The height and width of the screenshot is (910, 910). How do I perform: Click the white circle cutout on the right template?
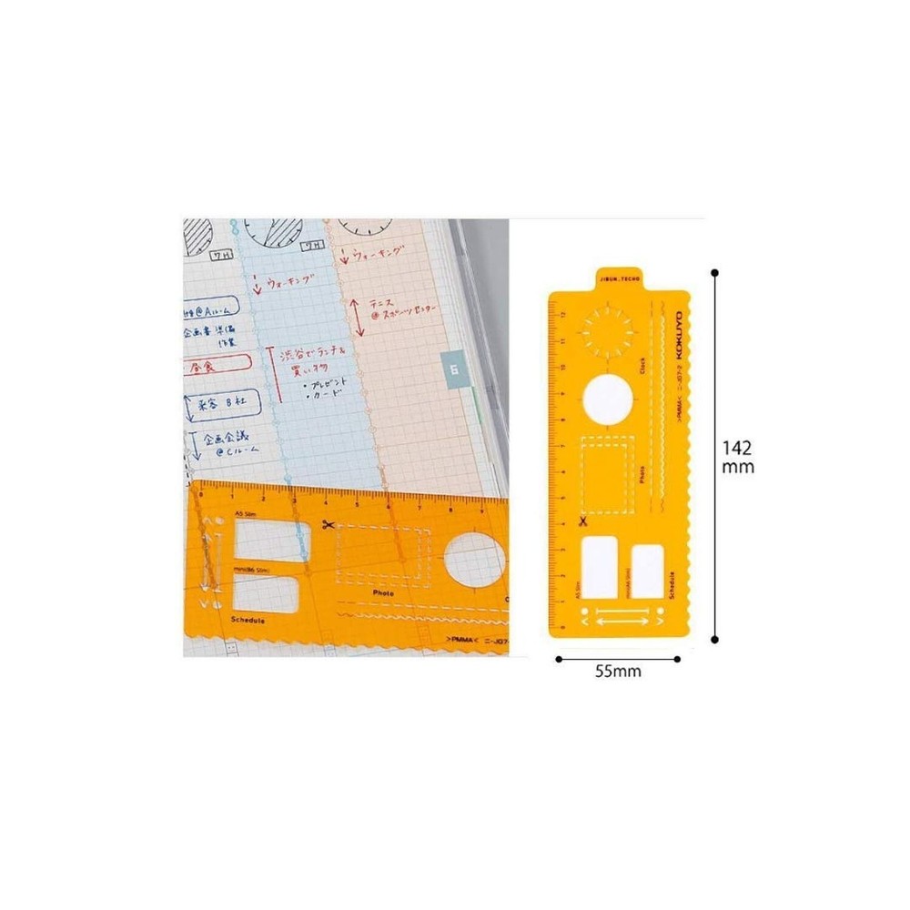(x=607, y=400)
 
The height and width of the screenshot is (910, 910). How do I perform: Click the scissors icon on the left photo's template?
(x=328, y=524)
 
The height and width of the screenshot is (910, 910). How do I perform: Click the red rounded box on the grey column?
(x=216, y=367)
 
